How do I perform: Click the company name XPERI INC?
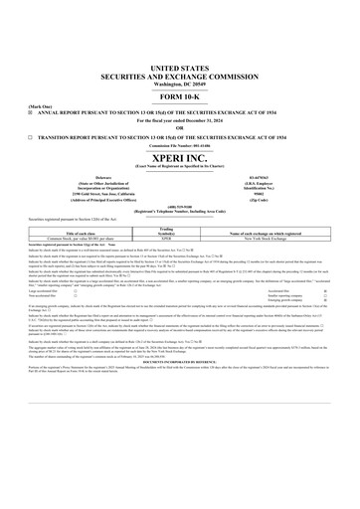pyautogui.click(x=179, y=155)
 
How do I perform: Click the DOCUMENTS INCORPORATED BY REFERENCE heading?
pyautogui.click(x=179, y=387)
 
